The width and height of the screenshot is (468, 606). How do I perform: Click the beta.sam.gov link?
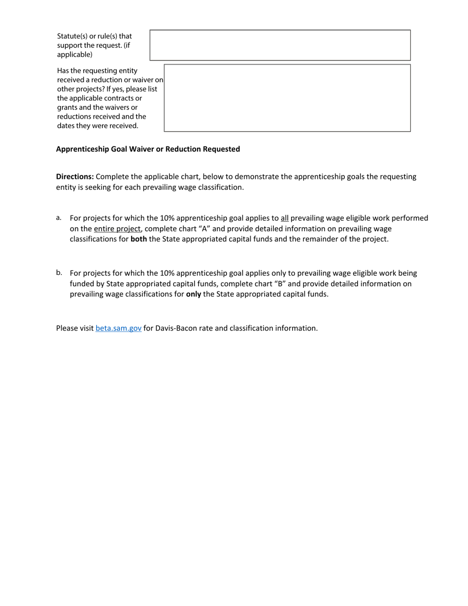point(118,328)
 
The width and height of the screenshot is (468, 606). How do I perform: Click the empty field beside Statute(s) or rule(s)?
point(280,45)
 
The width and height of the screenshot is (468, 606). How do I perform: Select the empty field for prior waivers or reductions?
point(287,98)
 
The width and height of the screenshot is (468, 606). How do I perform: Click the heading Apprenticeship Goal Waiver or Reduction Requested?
point(148,149)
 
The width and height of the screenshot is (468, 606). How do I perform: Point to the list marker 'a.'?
point(59,217)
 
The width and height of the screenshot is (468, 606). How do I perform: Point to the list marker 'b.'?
point(59,272)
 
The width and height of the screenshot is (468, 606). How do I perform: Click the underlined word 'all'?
point(285,218)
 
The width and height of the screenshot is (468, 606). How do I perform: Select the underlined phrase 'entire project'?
point(117,229)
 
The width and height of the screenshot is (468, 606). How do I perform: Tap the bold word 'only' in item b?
point(193,294)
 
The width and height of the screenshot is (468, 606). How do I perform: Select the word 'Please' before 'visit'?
point(67,328)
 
